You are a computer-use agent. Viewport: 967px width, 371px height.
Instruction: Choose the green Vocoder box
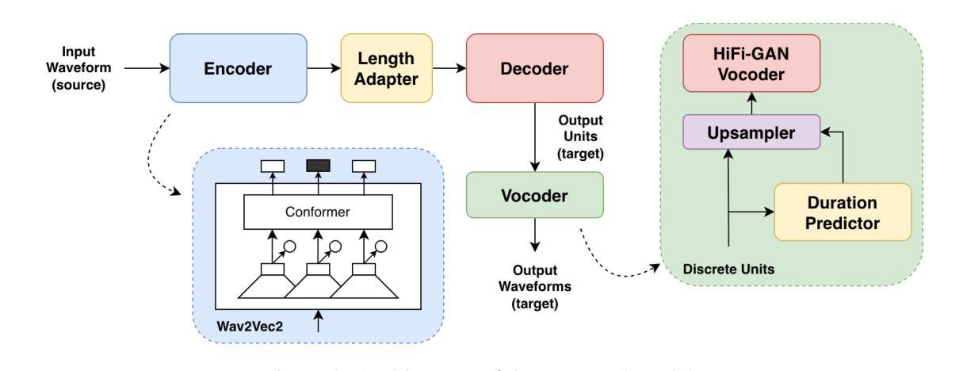[x=534, y=193]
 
